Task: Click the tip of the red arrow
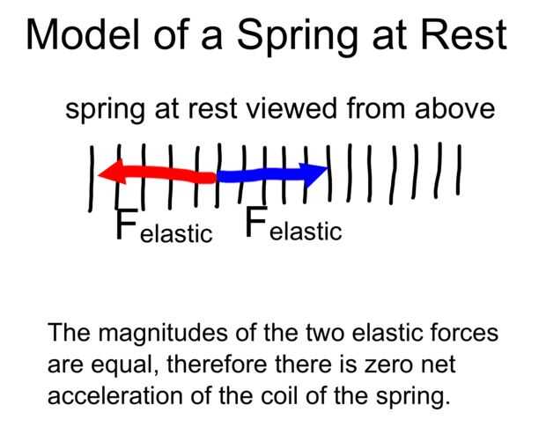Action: [99, 176]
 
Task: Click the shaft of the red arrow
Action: [167, 176]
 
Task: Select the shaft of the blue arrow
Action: [264, 175]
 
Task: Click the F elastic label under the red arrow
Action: [164, 227]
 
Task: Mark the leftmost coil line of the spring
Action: [92, 180]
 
